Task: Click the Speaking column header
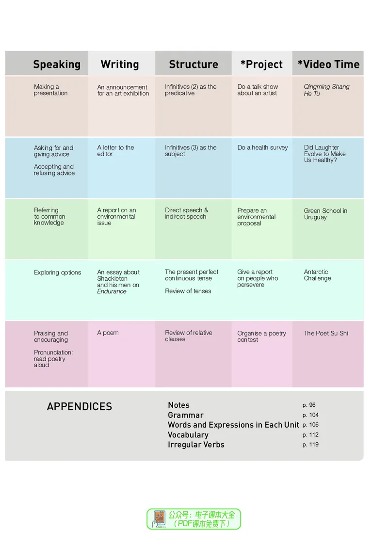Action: tap(57, 64)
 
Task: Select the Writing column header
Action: tap(120, 64)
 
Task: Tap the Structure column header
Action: tap(194, 64)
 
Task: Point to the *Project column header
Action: tap(262, 64)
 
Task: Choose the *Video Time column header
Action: tap(328, 64)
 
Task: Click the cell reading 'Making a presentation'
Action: tap(50, 90)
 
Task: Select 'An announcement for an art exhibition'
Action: tap(123, 90)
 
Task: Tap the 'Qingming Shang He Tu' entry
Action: tap(326, 90)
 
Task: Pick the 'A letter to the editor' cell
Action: tap(115, 151)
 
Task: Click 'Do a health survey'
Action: tap(263, 147)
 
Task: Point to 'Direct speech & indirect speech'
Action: tap(187, 213)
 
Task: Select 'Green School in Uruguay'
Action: tap(325, 214)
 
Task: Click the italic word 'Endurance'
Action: tap(112, 291)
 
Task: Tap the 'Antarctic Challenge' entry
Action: tap(318, 275)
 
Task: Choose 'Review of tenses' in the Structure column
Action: tap(188, 291)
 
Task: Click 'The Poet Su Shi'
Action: tap(326, 334)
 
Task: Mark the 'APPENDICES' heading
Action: tap(80, 407)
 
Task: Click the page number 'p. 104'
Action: tap(310, 415)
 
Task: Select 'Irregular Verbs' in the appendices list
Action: tap(196, 445)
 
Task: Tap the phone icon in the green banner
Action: tap(159, 519)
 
